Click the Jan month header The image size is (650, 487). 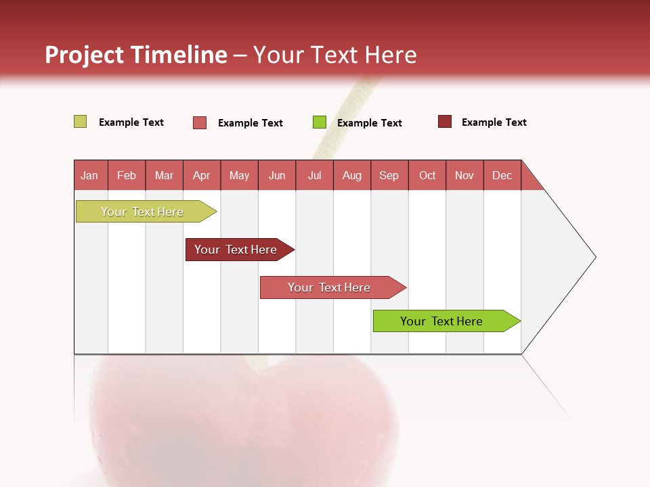click(x=90, y=175)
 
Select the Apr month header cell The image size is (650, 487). click(x=202, y=175)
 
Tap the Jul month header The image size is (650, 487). click(x=314, y=175)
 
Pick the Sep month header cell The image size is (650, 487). click(x=389, y=175)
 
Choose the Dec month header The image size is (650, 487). click(x=502, y=175)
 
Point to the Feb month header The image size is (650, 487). click(x=127, y=175)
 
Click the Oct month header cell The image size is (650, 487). click(x=427, y=175)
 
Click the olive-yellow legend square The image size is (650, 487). click(x=80, y=122)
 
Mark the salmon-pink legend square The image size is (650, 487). click(x=200, y=122)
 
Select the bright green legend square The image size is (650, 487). click(x=320, y=122)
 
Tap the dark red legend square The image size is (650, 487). click(x=444, y=122)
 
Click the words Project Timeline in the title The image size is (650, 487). click(x=136, y=55)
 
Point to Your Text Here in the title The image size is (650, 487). click(x=334, y=55)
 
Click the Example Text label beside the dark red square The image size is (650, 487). click(x=494, y=122)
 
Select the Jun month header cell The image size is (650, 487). click(x=277, y=175)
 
